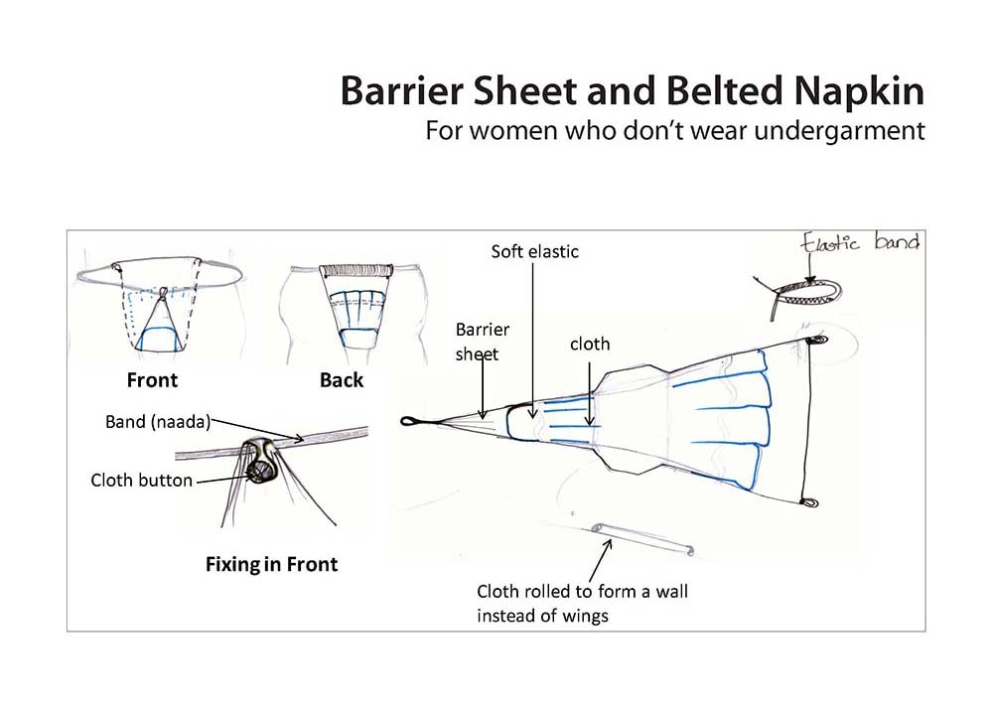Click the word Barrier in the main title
click(x=403, y=90)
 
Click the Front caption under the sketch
click(x=152, y=380)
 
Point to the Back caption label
click(x=342, y=380)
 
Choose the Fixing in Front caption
click(x=272, y=564)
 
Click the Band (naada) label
click(x=158, y=422)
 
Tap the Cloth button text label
click(x=141, y=480)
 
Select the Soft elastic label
click(x=535, y=251)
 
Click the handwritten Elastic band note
click(x=860, y=242)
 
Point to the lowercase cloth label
click(x=590, y=344)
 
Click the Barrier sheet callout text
click(x=482, y=342)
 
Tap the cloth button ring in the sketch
click(x=260, y=469)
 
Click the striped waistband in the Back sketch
click(x=356, y=271)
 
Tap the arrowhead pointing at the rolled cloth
click(x=610, y=542)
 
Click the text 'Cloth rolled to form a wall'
click(x=582, y=591)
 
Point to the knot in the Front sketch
click(x=164, y=292)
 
